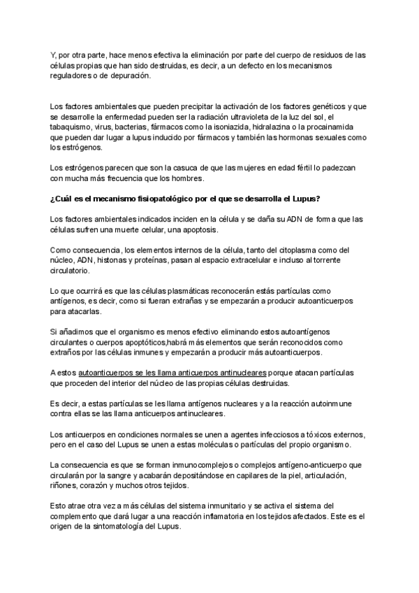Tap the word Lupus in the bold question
click(325, 194)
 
